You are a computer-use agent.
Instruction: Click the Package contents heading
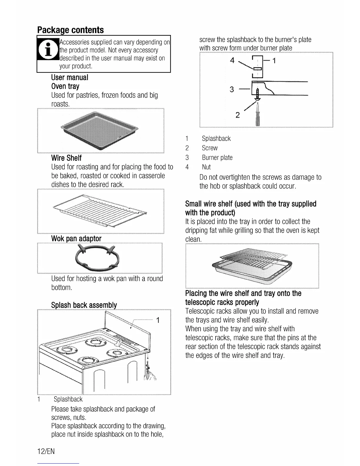click(x=70, y=30)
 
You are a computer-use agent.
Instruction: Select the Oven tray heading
click(x=65, y=86)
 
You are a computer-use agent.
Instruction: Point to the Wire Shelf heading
click(x=66, y=158)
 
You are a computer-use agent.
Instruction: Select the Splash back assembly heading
click(x=84, y=305)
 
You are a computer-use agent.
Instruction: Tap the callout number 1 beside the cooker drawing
click(x=158, y=320)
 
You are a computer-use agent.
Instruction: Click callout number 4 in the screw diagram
click(x=232, y=60)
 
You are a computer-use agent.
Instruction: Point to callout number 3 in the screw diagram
click(x=232, y=89)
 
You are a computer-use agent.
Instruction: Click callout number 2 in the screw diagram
click(x=238, y=114)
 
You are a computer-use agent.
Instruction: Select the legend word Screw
click(x=210, y=148)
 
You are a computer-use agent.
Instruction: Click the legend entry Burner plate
click(x=217, y=158)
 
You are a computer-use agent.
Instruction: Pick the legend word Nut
click(x=206, y=167)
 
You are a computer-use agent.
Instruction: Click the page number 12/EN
click(x=46, y=451)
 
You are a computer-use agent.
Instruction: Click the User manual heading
click(x=69, y=77)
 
